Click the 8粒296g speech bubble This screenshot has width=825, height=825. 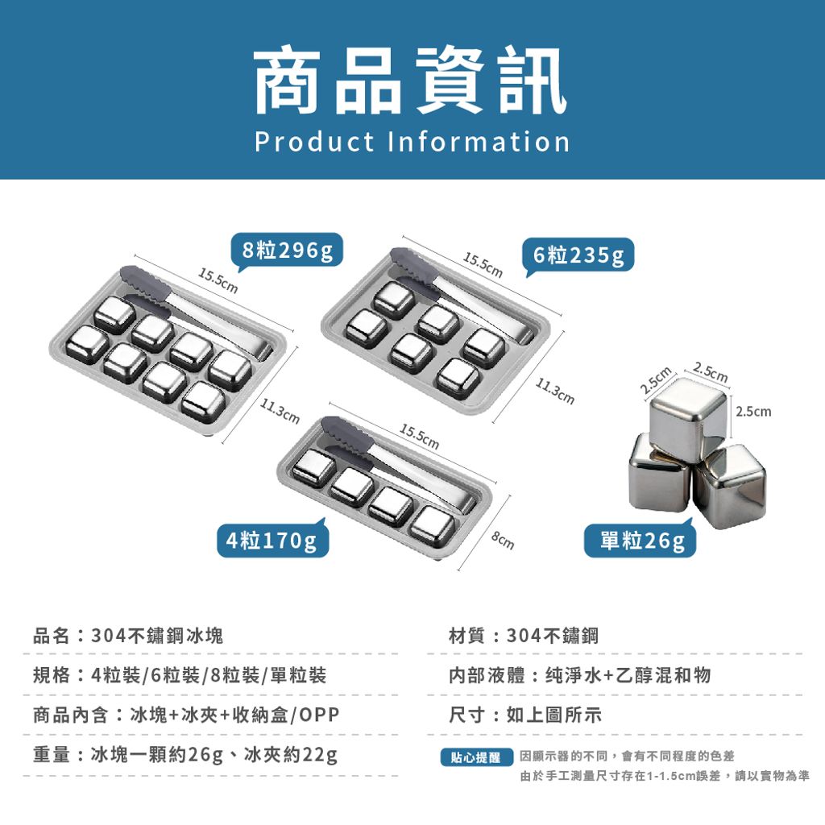(288, 251)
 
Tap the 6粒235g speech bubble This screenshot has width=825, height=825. (578, 255)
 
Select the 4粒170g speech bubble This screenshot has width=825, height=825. (272, 539)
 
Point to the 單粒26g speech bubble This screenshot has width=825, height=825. (641, 539)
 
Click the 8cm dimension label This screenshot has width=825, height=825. (503, 541)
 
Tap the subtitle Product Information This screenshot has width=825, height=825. (412, 142)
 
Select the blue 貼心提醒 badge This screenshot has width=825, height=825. (476, 757)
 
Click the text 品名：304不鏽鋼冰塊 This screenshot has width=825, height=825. (128, 636)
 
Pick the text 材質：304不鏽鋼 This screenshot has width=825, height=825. (524, 636)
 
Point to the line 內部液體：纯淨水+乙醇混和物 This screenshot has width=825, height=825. (580, 675)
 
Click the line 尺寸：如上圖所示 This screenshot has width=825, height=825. (525, 715)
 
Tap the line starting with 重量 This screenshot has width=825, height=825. (185, 755)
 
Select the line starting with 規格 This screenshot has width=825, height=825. (180, 675)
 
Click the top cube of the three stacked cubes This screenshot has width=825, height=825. (688, 420)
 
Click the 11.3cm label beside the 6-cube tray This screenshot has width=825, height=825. (554, 392)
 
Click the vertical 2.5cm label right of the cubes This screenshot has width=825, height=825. (753, 411)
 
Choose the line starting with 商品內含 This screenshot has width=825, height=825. (186, 715)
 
